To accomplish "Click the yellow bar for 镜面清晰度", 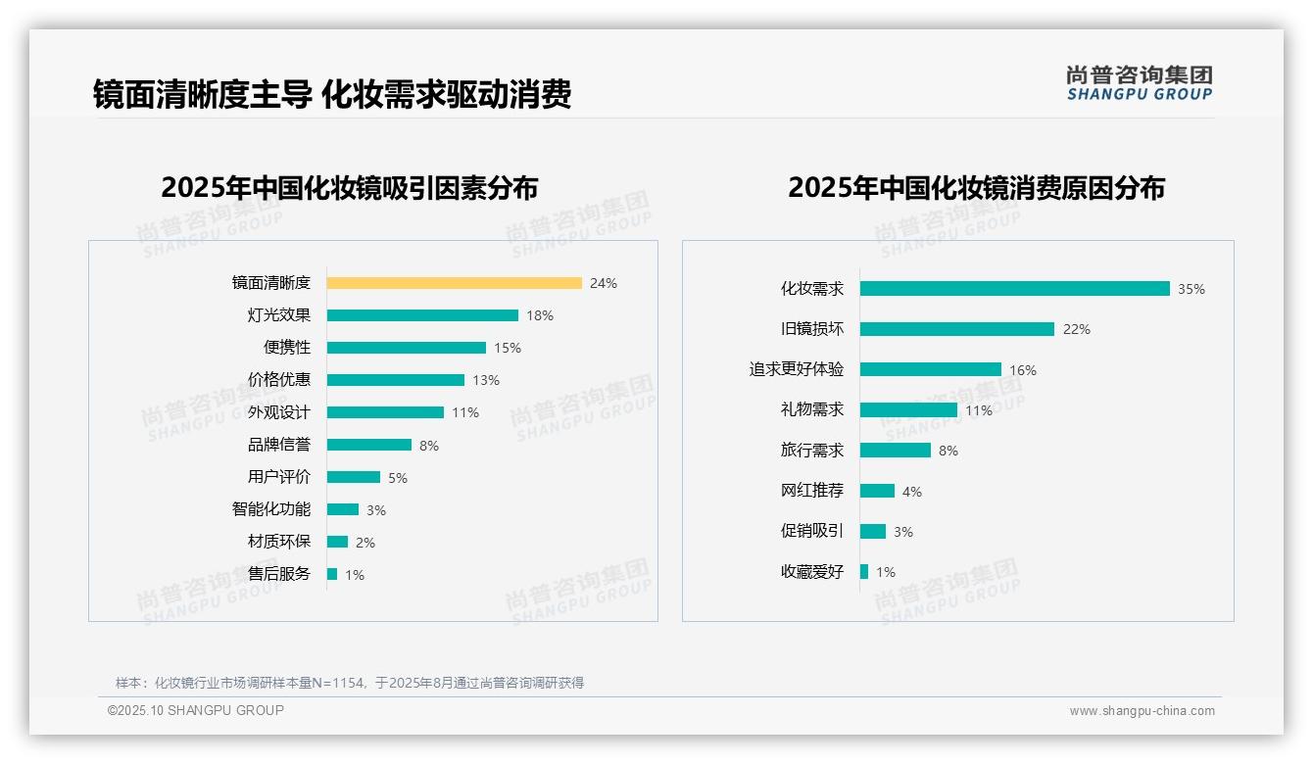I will [x=454, y=283].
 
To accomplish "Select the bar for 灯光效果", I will [x=422, y=315].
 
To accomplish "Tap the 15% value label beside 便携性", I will [x=508, y=348].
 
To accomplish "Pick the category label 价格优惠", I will [x=278, y=380].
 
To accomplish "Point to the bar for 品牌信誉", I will [x=369, y=445].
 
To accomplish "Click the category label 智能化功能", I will [x=270, y=509].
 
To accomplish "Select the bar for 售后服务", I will [x=332, y=574].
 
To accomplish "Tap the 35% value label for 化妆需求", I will [x=1191, y=289].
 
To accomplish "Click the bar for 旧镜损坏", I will [x=957, y=329].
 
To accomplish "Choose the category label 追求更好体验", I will [x=796, y=369].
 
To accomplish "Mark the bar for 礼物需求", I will [x=908, y=410].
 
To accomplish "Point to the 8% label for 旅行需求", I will [x=948, y=451].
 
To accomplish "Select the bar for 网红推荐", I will [x=877, y=491].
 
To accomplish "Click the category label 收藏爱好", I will [x=811, y=572].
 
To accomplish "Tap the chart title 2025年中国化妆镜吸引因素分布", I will [x=349, y=188].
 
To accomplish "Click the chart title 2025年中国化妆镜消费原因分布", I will [x=976, y=188].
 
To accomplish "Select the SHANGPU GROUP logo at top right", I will [x=1140, y=83].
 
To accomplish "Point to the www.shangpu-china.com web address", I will [x=1142, y=711].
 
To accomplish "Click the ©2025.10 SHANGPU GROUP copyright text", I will [x=196, y=710].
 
